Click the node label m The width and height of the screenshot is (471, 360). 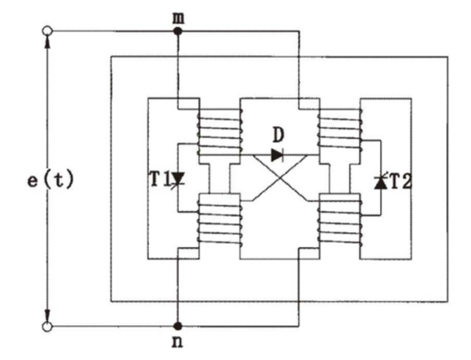click(178, 18)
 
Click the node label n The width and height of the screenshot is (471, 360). click(178, 343)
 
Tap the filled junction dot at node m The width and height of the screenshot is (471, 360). click(178, 31)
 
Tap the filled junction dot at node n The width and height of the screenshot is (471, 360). click(178, 326)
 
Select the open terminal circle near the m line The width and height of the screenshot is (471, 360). click(47, 31)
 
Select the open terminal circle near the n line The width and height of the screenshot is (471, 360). click(47, 327)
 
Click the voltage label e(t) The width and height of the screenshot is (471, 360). click(51, 180)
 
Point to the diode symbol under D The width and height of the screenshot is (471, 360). click(278, 155)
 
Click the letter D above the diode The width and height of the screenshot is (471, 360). click(278, 136)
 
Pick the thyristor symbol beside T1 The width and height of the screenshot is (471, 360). click(178, 179)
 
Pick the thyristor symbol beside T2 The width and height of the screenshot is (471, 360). click(380, 182)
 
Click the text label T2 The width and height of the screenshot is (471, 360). click(399, 181)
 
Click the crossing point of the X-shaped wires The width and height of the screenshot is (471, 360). click(280, 178)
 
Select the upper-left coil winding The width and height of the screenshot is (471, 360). click(220, 132)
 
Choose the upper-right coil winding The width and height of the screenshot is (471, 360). click(340, 131)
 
